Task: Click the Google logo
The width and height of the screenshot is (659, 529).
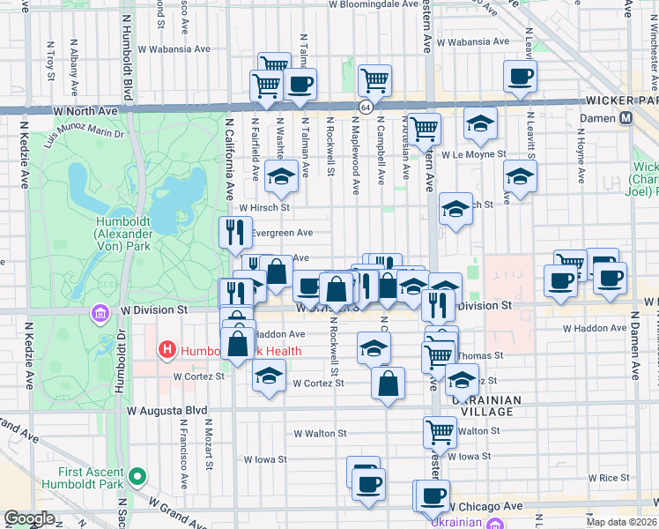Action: pyautogui.click(x=30, y=518)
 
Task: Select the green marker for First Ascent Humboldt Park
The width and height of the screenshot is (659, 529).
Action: pyautogui.click(x=137, y=477)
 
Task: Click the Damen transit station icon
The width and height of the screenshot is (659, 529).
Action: pyautogui.click(x=627, y=117)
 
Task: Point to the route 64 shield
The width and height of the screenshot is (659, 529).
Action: pyautogui.click(x=364, y=107)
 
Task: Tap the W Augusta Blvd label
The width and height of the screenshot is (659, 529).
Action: pyautogui.click(x=166, y=411)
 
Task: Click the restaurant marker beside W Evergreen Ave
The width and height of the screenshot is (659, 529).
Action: pyautogui.click(x=234, y=232)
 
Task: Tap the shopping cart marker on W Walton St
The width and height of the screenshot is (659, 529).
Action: pyautogui.click(x=440, y=431)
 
